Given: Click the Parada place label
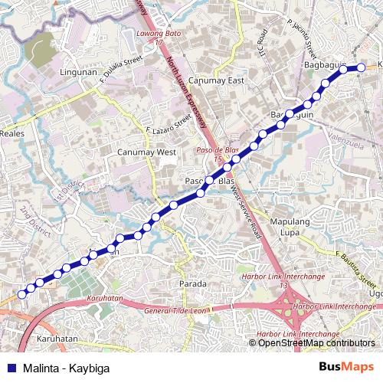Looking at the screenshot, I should [192, 284].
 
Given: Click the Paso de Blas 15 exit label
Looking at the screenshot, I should [212, 154].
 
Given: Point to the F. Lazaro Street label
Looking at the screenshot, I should [168, 126].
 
